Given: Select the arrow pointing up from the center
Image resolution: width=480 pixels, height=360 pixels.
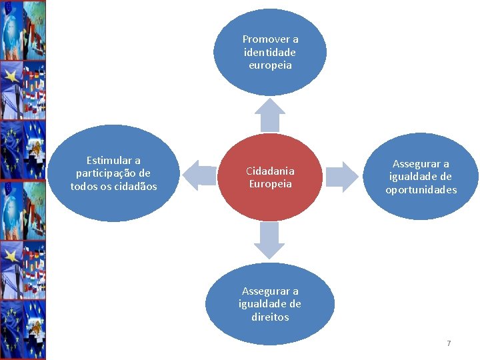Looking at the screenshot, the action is point(270,115).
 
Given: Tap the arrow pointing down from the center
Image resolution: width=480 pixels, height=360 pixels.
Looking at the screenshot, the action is point(270,240).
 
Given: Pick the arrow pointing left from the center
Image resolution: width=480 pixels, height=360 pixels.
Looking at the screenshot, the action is point(199,175).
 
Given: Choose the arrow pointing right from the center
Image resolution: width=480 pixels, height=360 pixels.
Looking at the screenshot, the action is point(341,176).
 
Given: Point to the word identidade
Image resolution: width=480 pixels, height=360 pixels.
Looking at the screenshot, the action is point(270,52).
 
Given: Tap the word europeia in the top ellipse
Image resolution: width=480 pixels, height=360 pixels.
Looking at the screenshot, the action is point(270,65).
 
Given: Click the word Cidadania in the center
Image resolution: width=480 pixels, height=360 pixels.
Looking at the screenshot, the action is point(270,171).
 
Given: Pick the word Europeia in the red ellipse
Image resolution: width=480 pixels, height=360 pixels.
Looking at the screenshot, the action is point(270,184).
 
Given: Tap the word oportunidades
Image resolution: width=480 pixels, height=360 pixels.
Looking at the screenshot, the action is point(421,190).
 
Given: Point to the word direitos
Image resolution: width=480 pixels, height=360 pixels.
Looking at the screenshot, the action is point(270,317).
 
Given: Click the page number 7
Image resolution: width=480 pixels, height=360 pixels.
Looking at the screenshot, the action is point(449,343).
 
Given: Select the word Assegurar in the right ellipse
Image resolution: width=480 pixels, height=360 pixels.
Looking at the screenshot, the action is point(421,163).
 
